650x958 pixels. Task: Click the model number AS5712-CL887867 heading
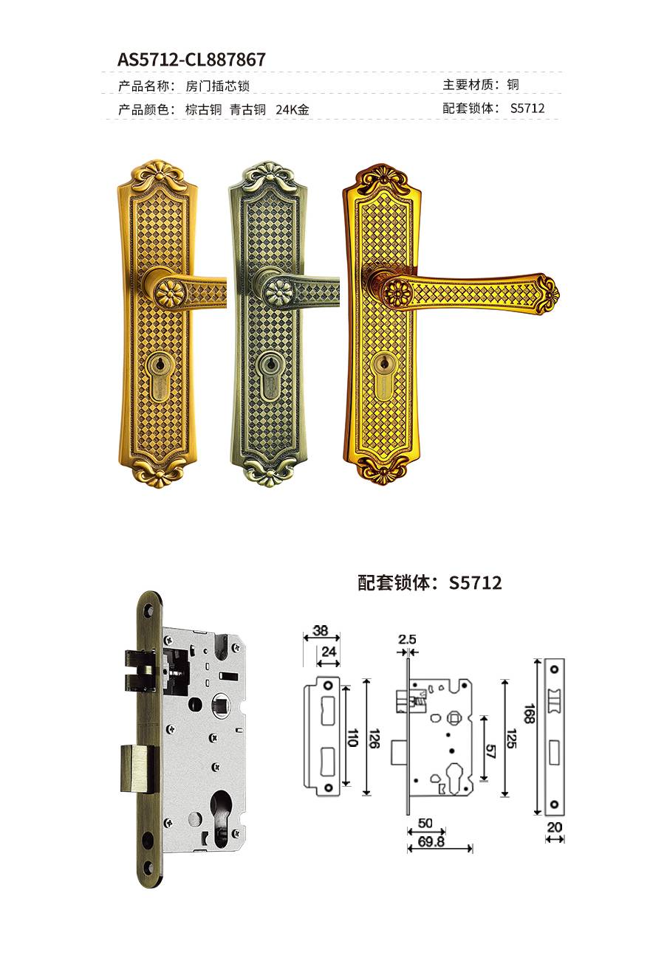click(x=191, y=60)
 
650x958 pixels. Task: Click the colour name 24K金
click(x=292, y=110)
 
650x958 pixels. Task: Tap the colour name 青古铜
click(x=247, y=110)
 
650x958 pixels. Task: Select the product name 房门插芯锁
click(x=217, y=86)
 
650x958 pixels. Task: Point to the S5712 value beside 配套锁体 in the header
click(x=527, y=108)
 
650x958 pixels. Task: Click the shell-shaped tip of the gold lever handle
click(x=547, y=294)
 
